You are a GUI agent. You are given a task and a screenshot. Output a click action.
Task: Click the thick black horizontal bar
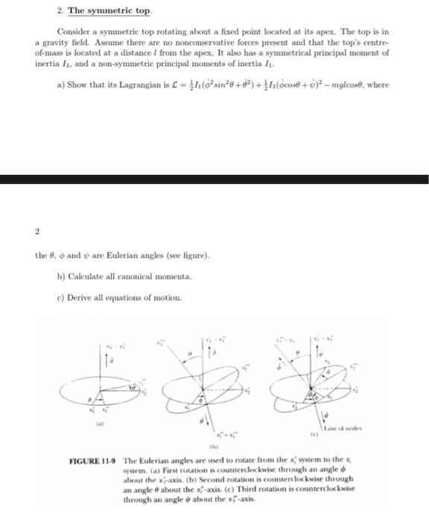pos(214,179)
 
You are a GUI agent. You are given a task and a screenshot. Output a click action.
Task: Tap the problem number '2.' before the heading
pos(60,11)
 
